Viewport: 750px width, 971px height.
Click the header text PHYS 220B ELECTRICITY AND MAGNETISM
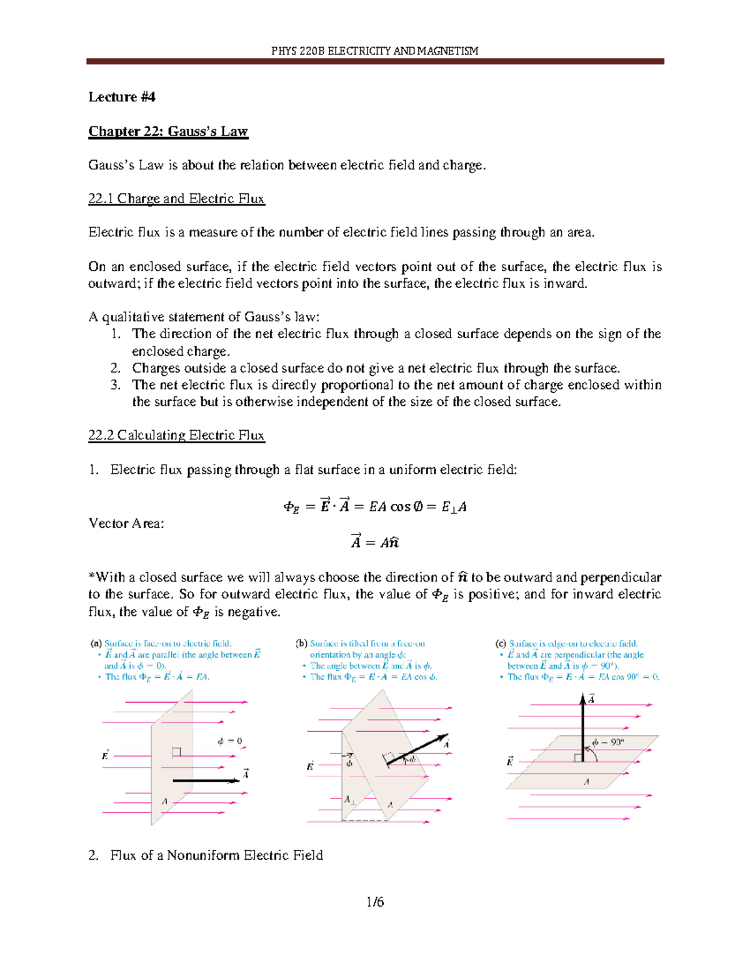coord(374,51)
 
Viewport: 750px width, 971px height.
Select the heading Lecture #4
coord(121,97)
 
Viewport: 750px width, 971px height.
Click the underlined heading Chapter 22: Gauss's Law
coord(168,131)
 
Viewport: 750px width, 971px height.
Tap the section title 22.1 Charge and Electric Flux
coord(176,199)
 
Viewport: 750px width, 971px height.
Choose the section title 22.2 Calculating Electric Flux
coord(176,435)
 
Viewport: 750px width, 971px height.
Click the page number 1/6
coord(375,902)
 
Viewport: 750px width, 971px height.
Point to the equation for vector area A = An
coord(374,541)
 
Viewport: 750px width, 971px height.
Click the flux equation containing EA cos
coord(374,506)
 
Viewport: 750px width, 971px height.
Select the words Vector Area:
coord(126,523)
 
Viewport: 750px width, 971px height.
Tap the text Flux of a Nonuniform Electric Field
coord(216,855)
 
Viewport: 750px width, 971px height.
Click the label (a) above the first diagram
coord(96,643)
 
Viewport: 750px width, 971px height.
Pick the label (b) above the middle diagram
coord(301,643)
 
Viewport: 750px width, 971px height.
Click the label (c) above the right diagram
coord(500,643)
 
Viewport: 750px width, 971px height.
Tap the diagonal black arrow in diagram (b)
coord(416,749)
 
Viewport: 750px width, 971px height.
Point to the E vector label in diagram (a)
coord(105,755)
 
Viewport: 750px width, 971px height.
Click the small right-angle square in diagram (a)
coord(176,752)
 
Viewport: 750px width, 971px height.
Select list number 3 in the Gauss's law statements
coord(115,385)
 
